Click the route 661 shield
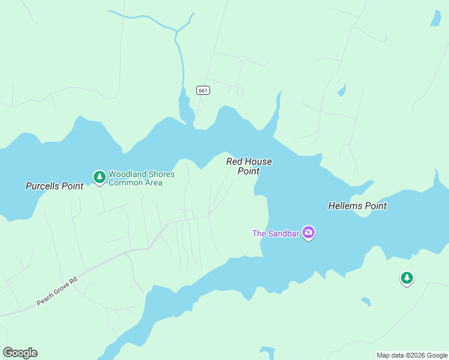pos(203,91)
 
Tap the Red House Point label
pos(249,166)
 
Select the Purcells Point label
pos(55,186)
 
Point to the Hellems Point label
pos(357,206)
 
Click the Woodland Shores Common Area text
pos(141,178)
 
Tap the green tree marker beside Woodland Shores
pos(99,177)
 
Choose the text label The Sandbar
pos(276,233)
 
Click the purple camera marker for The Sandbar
pos(309,232)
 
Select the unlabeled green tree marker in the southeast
pos(407,278)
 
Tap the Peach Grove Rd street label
pos(58,291)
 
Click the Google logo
pos(20,353)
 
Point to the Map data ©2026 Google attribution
pos(412,355)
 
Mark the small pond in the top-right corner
pos(435,19)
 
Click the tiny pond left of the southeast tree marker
pos(365,301)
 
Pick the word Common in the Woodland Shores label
pos(122,182)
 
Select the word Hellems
pos(346,206)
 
